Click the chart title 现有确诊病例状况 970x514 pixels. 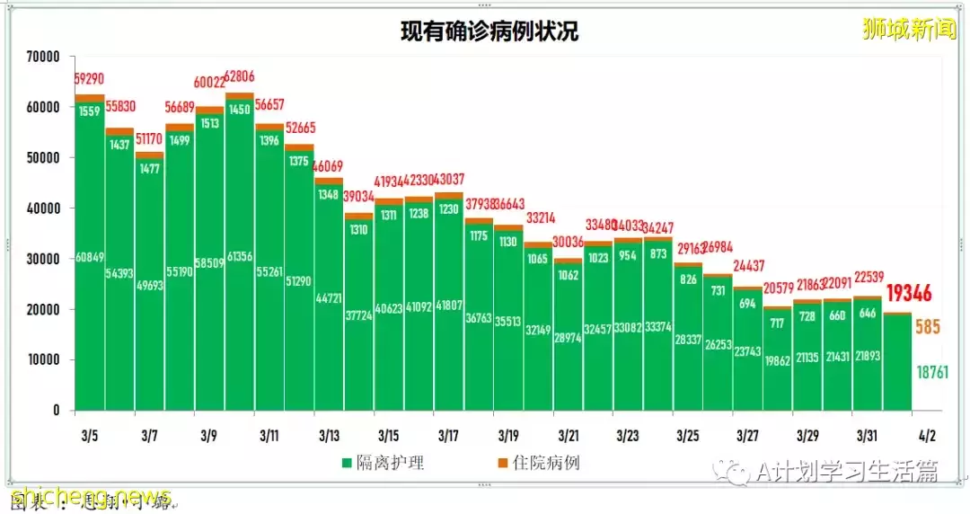[x=489, y=31]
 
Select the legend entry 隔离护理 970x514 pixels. [x=383, y=464]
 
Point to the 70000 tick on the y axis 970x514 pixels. [x=42, y=57]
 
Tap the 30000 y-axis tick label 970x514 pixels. [x=42, y=259]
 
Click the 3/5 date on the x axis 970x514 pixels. [x=89, y=436]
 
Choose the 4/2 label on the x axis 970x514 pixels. [x=926, y=436]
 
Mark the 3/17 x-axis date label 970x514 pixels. [x=448, y=436]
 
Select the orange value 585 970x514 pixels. [x=927, y=327]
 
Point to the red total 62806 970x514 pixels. [x=241, y=76]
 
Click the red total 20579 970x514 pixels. [x=778, y=288]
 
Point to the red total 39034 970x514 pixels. [x=359, y=196]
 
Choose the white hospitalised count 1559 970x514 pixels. [x=90, y=111]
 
